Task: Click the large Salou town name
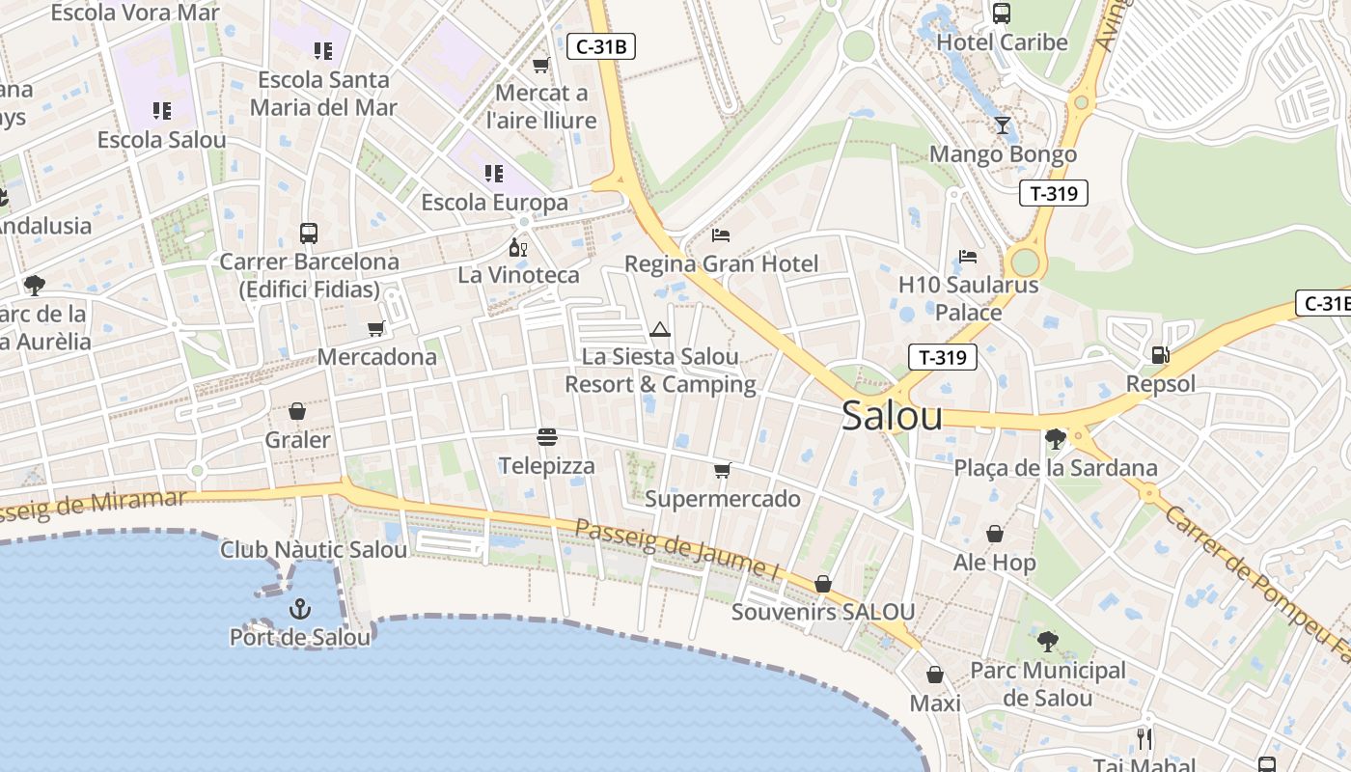892,416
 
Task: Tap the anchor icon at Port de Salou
300,609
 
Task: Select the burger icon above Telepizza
547,437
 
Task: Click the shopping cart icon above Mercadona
376,329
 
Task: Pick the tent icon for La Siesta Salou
660,329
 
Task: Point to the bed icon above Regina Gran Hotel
721,234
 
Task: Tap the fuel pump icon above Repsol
1160,354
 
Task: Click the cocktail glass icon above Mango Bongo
1003,124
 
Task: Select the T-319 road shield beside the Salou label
943,358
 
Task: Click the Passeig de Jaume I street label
676,550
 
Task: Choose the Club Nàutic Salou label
314,550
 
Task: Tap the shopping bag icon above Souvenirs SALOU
823,584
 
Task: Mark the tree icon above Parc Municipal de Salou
1047,641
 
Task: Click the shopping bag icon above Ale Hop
995,534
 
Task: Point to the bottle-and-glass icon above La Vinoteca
519,247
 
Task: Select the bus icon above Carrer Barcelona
309,233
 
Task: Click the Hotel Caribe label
1002,42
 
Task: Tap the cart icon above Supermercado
722,470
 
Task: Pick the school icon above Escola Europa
494,174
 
